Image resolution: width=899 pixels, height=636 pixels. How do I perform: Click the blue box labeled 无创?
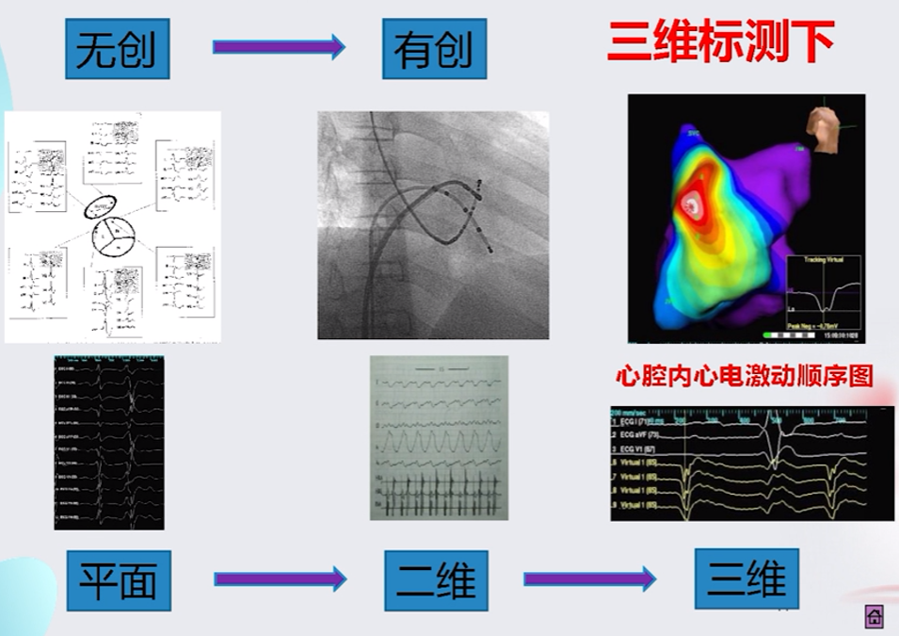tap(117, 48)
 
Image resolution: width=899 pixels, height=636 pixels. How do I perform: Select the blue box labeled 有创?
tap(434, 48)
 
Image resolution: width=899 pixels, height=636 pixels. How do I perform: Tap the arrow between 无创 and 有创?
tap(279, 46)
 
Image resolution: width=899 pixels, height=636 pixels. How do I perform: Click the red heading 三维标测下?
tap(721, 43)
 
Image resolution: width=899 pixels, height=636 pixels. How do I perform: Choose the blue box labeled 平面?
tap(118, 580)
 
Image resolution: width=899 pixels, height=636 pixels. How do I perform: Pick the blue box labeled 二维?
tap(435, 580)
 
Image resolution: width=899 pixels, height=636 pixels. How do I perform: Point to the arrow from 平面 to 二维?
tap(280, 579)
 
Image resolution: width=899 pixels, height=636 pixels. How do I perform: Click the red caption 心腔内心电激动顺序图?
tap(744, 376)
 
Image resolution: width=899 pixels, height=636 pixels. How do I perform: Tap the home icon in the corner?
tap(873, 617)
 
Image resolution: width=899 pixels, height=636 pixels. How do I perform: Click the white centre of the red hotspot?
tap(694, 201)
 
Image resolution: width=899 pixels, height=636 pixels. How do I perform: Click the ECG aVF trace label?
tap(640, 437)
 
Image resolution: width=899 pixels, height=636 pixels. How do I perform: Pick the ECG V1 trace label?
tap(639, 451)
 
